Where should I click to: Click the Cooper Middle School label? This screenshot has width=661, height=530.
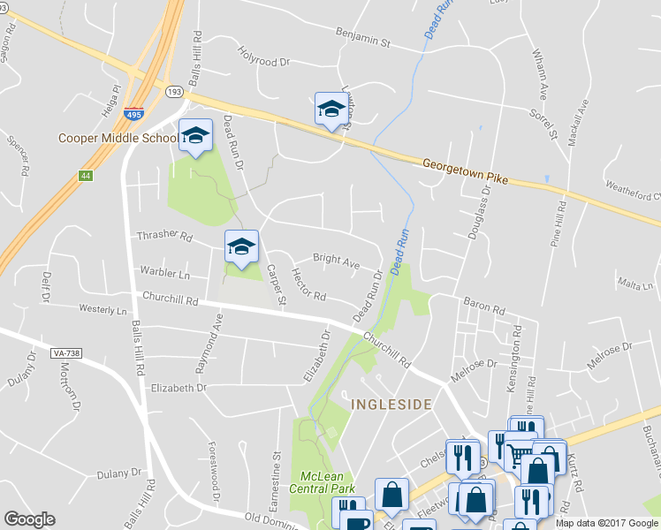(118, 138)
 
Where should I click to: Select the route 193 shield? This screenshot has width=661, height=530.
(173, 91)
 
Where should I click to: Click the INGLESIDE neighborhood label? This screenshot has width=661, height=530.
(391, 405)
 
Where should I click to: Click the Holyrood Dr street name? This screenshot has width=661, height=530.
(264, 61)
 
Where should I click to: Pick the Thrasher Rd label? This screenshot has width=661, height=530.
(164, 236)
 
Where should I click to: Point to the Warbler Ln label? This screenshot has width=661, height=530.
(164, 275)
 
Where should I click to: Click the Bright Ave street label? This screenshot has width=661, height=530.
(336, 261)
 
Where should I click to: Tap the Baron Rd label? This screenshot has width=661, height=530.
(486, 310)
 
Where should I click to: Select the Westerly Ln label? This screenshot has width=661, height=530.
(103, 311)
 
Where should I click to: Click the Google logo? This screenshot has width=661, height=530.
(29, 519)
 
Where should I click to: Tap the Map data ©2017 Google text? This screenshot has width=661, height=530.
(606, 523)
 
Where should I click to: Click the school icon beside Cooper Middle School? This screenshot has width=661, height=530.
(196, 136)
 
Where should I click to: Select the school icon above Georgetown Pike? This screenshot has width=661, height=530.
(331, 109)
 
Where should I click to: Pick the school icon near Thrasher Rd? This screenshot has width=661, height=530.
(240, 247)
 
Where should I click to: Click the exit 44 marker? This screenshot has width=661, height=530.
(85, 177)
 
